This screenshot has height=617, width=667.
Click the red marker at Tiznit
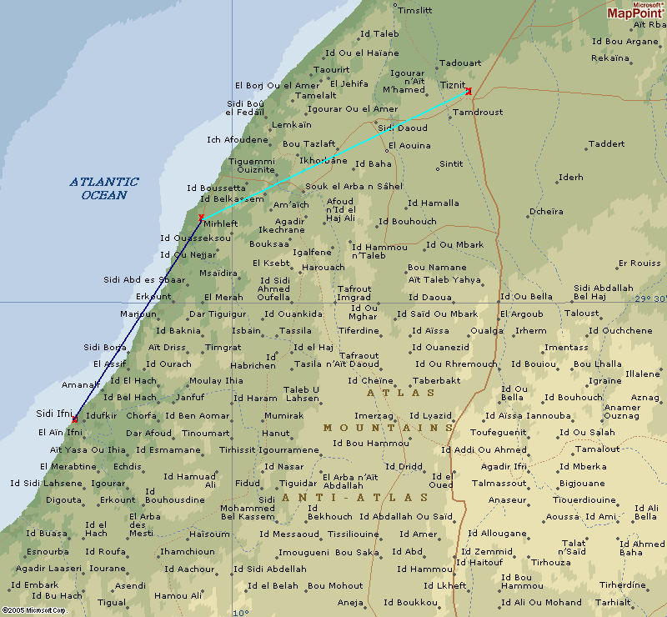pos(469,91)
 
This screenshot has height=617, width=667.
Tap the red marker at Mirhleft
pos(201,218)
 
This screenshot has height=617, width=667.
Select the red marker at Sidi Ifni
pos(74,419)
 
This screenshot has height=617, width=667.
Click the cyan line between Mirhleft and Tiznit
pos(333,155)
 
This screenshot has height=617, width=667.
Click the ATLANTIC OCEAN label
pos(104,188)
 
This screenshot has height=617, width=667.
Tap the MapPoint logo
pos(635,11)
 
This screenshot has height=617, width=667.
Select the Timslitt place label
pos(414,11)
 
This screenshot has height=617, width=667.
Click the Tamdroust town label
pos(477,112)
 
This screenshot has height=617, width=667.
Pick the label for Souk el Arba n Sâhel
pos(354,186)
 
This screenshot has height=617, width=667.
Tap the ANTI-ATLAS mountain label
pos(355,498)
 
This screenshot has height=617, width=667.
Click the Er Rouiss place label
pos(639,263)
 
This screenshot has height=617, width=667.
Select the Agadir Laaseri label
pos(48,569)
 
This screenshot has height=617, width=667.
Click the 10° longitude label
pos(240,612)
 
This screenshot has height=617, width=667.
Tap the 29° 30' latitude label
pos(650,298)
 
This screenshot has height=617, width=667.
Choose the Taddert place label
pos(606,144)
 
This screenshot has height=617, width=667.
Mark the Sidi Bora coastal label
pos(105,347)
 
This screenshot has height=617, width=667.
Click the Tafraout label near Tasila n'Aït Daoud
pos(359,355)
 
